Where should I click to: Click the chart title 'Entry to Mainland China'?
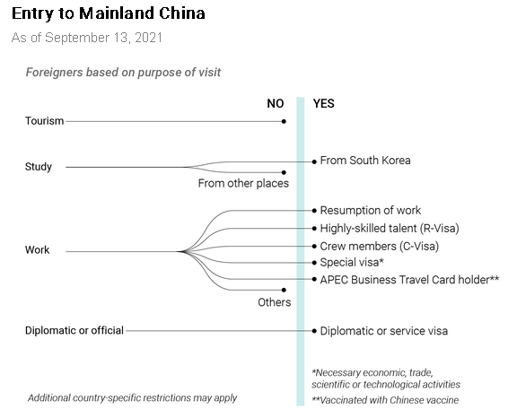tap(109, 14)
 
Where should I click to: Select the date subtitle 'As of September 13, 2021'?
tap(87, 38)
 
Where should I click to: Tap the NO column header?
tap(276, 104)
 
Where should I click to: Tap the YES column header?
tap(324, 104)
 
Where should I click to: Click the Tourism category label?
tap(44, 121)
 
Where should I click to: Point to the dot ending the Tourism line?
tap(284, 121)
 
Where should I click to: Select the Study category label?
tap(39, 167)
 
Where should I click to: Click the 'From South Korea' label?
tap(365, 161)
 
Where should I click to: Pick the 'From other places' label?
tap(243, 183)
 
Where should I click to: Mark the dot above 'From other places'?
tap(284, 172)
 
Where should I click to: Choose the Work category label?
tap(38, 250)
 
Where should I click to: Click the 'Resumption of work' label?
tap(371, 211)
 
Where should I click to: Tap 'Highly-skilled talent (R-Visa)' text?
tap(390, 228)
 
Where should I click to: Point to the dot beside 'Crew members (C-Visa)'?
tap(314, 247)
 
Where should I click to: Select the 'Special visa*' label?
tap(352, 262)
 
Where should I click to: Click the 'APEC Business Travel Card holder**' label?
tap(409, 280)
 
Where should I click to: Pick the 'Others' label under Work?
tap(275, 302)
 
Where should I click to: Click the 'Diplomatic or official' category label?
tap(74, 331)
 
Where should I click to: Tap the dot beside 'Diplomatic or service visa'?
tap(314, 331)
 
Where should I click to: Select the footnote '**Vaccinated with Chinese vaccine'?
tap(385, 400)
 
